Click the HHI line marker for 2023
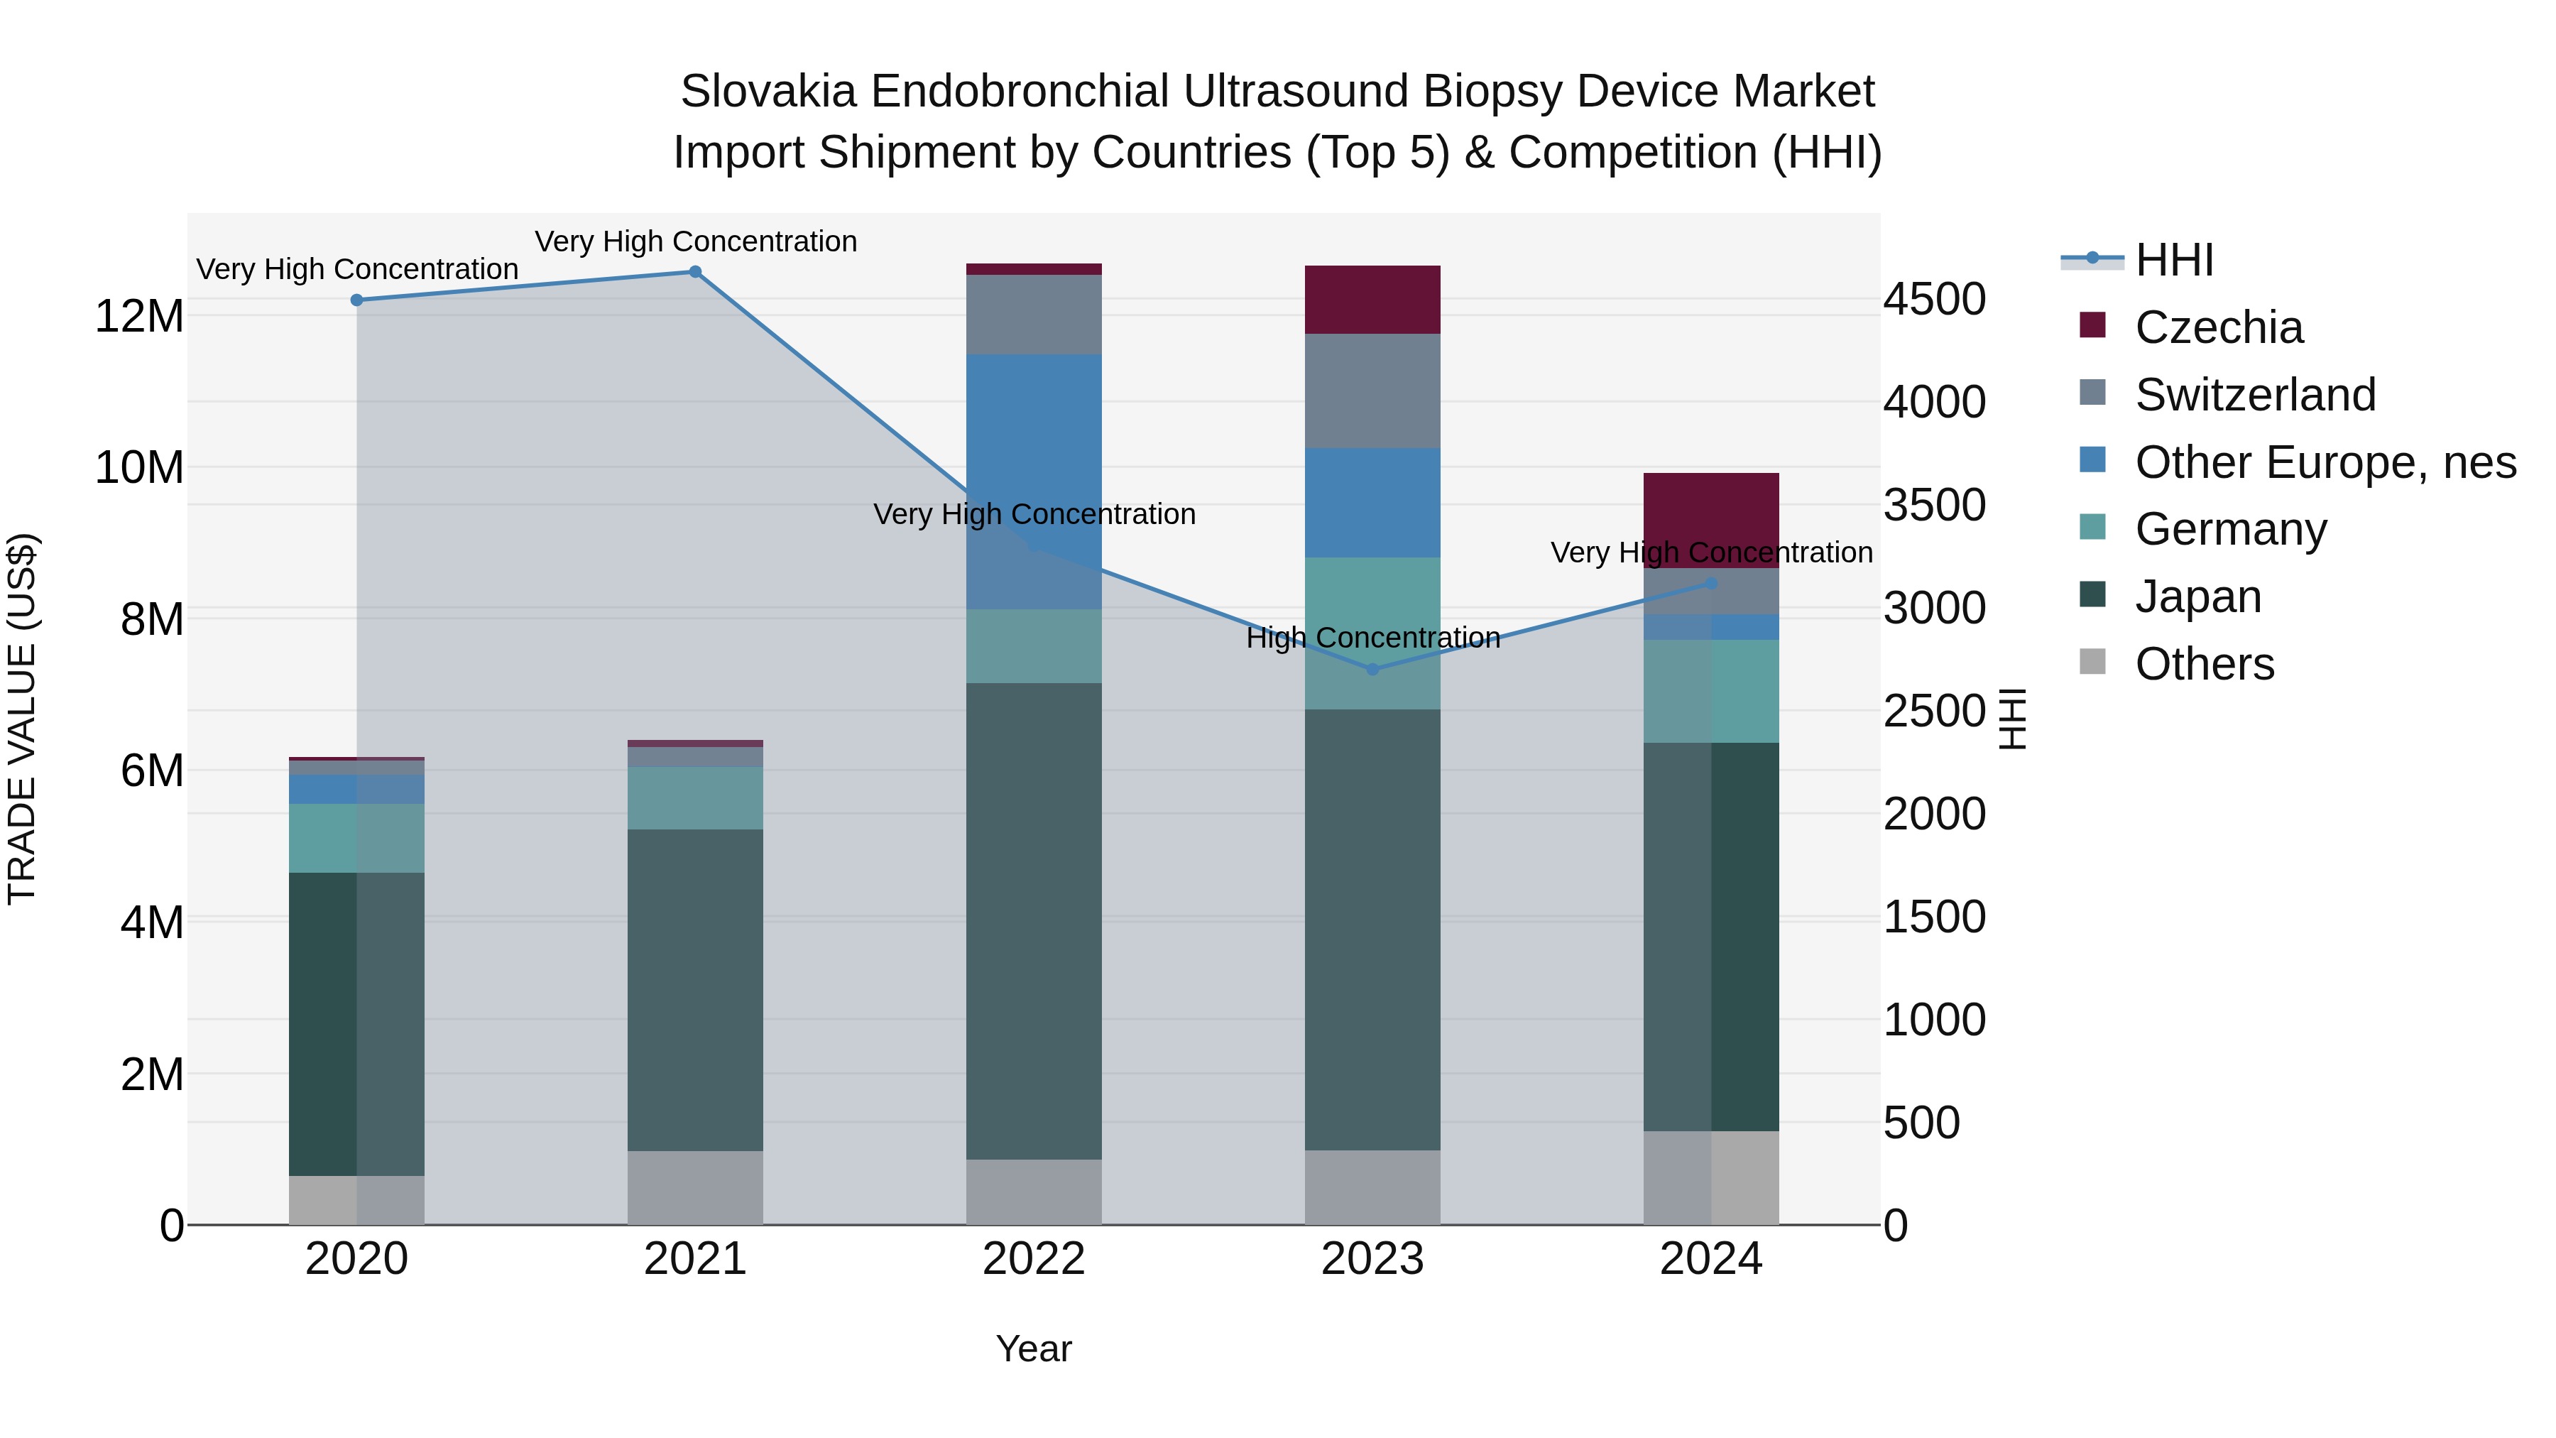(1372, 670)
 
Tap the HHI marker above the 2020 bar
(356, 300)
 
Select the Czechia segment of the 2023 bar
(1372, 300)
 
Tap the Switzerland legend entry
(2254, 395)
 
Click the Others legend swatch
(2092, 662)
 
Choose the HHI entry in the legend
(2173, 260)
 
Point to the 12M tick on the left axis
(139, 317)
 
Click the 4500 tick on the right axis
(1934, 300)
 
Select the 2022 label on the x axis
(1033, 1259)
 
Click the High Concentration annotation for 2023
(1372, 637)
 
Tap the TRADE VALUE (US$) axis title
(22, 719)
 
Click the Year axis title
(1033, 1349)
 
